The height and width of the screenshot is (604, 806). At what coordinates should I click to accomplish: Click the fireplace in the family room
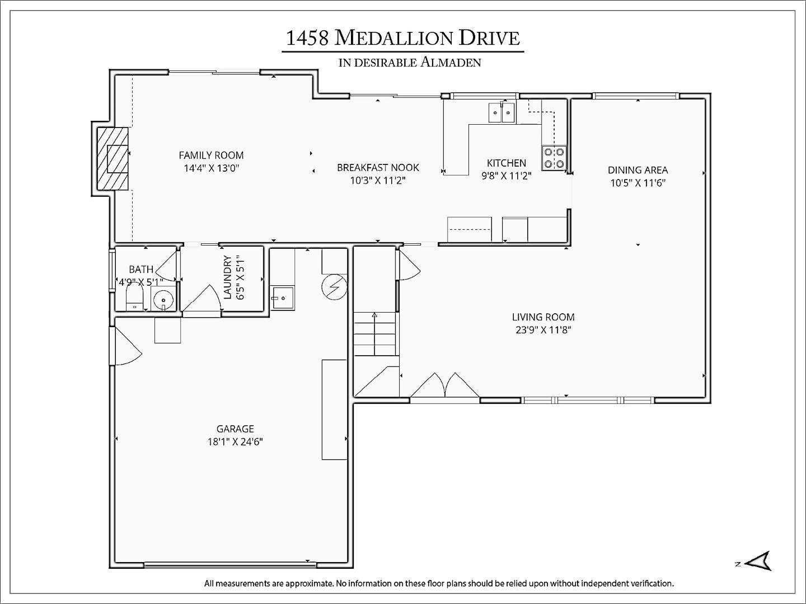point(113,159)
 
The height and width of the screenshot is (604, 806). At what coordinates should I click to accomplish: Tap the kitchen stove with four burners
point(554,158)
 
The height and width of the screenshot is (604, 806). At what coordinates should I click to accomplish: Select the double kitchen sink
point(502,113)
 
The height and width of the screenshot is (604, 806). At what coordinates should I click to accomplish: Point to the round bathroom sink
point(163,300)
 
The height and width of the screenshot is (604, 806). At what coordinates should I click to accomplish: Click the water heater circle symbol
point(334,287)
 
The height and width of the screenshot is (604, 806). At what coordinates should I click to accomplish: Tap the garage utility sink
point(282,298)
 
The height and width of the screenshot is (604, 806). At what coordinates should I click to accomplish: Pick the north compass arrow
point(759,561)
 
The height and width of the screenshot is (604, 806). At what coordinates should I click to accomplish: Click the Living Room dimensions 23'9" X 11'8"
point(543,330)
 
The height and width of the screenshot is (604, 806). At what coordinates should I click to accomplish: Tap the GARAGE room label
point(235,429)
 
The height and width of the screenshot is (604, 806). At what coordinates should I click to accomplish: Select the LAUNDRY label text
point(228,277)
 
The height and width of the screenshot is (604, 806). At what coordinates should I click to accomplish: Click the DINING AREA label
point(638,170)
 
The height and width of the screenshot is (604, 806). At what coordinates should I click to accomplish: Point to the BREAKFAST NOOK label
point(378,167)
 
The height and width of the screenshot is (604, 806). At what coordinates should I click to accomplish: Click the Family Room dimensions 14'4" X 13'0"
point(212,168)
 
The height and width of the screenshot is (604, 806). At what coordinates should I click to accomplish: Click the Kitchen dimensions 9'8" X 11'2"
point(507,176)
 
